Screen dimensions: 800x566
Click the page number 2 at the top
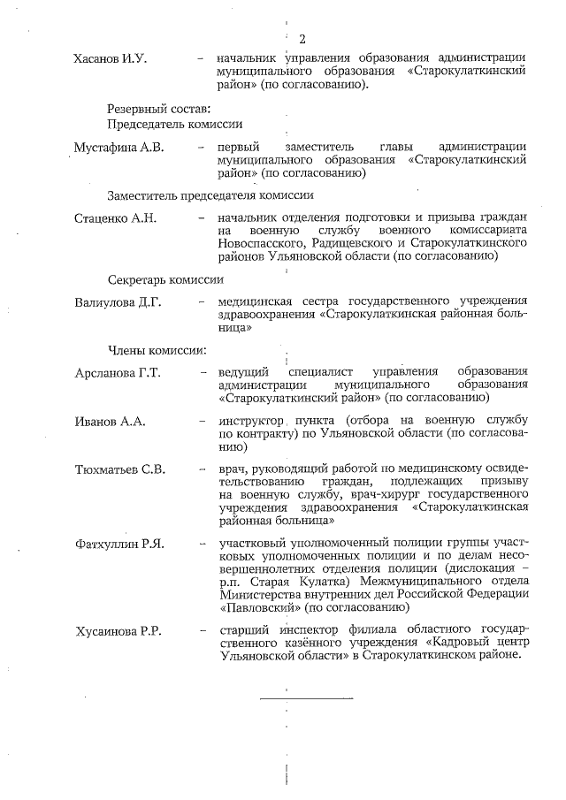302,38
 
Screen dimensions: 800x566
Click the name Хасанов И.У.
110,59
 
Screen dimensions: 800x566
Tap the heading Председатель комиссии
175,125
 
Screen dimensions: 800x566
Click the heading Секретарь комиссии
165,279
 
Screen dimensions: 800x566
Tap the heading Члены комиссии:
157,350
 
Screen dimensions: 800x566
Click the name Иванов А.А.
110,421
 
